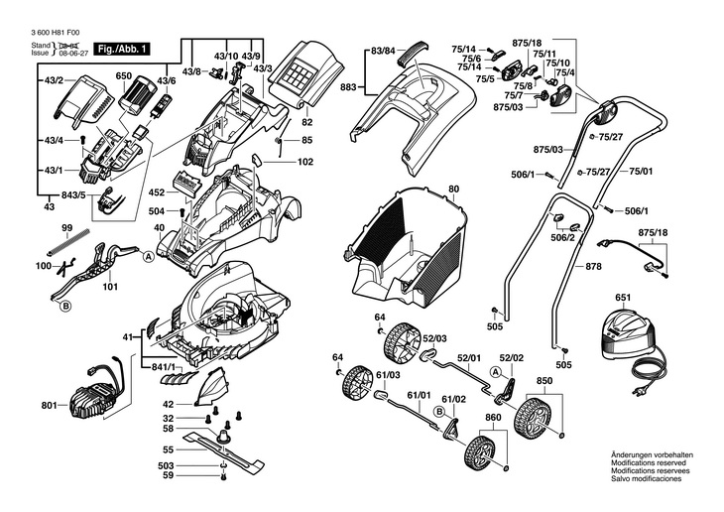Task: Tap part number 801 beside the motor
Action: coord(50,405)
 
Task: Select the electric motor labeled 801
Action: coord(96,391)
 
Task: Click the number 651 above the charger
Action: coord(623,298)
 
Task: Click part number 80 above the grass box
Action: coord(453,189)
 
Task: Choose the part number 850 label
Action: coord(544,381)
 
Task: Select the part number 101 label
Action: coord(109,288)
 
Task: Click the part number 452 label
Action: coord(158,192)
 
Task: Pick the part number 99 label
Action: coord(67,229)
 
